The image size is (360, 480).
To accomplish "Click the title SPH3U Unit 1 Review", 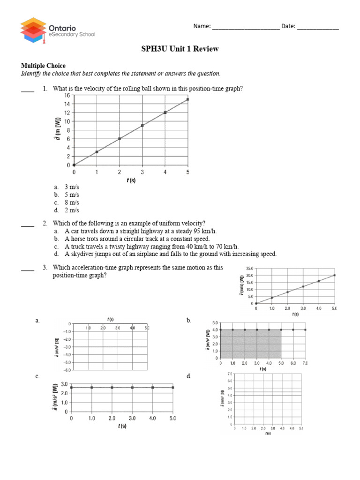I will [180, 49].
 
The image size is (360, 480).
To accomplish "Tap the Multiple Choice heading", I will [43, 66].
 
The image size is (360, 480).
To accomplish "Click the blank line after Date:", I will [317, 27].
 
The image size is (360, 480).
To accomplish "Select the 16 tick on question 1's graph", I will [67, 95].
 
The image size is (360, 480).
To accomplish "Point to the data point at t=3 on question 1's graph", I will [142, 126].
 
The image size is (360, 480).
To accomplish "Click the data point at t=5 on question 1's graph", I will [188, 99].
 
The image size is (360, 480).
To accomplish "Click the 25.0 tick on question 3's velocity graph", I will [248, 269].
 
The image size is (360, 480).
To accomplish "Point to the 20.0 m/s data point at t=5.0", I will [335, 275].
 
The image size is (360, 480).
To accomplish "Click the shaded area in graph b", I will [251, 344].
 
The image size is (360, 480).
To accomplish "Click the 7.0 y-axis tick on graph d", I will [229, 374].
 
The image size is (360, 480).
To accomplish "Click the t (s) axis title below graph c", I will [121, 426].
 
